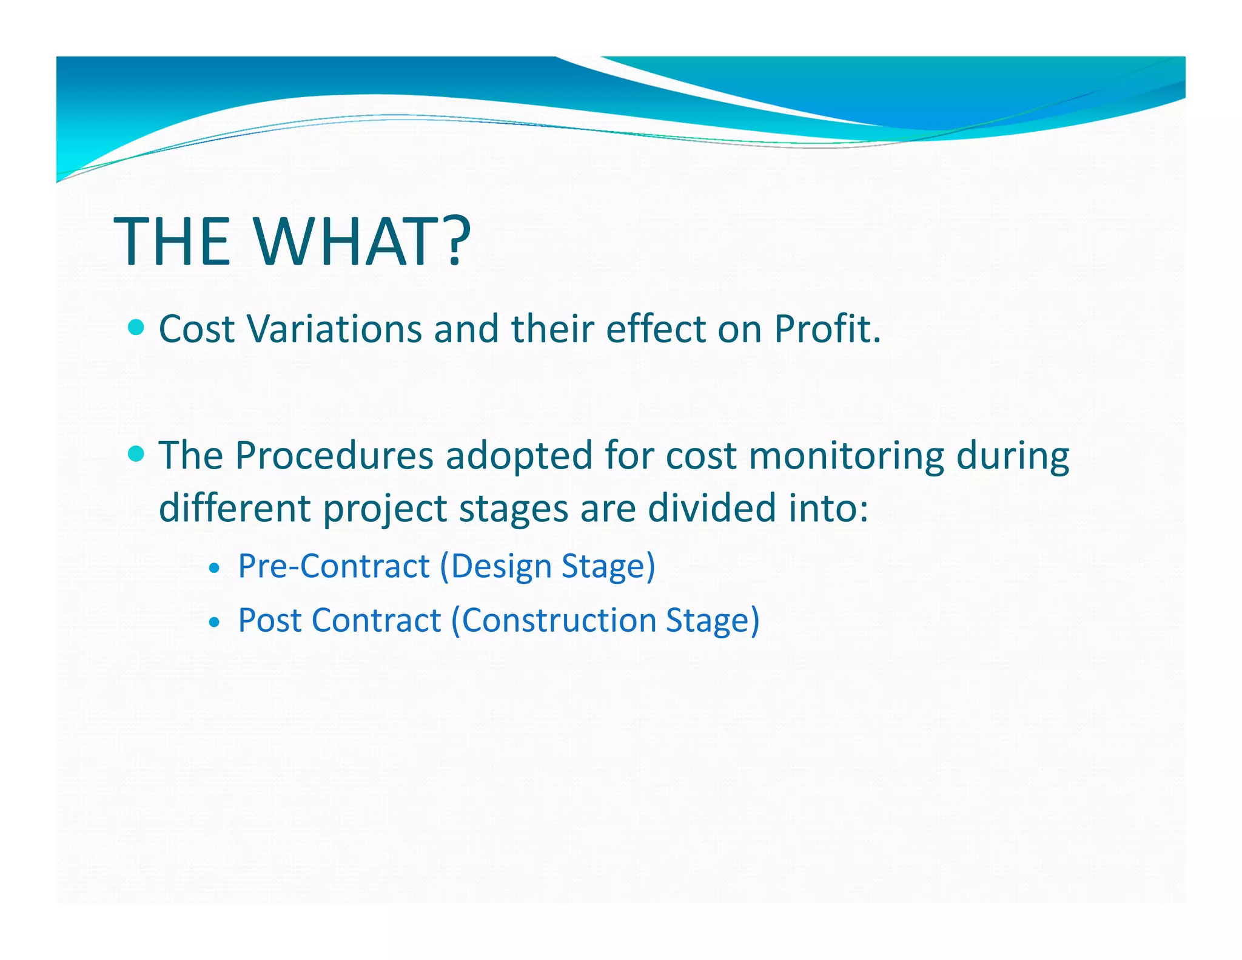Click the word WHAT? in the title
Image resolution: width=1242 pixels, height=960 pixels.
(x=361, y=242)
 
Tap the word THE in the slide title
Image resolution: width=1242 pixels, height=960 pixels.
(x=173, y=242)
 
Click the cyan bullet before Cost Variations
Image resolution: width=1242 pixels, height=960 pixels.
(x=136, y=328)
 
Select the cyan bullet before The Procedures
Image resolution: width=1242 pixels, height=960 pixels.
(x=136, y=454)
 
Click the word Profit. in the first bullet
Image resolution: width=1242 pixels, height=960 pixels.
(x=827, y=329)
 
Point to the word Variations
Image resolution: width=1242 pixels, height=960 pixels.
(x=334, y=329)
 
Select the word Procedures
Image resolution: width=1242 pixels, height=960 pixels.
(x=334, y=455)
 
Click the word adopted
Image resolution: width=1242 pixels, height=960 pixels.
(x=519, y=456)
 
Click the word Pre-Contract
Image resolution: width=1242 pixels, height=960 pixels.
(x=334, y=566)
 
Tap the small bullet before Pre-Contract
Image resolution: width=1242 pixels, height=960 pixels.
(x=213, y=569)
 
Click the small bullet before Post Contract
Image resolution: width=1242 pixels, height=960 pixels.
(x=213, y=623)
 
